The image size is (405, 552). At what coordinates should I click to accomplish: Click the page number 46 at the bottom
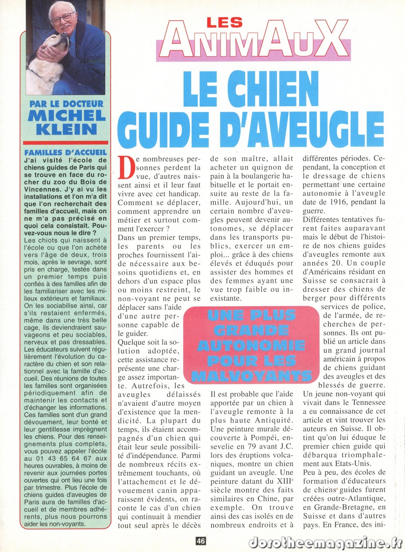[201, 541]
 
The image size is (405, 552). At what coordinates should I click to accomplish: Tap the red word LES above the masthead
[224, 23]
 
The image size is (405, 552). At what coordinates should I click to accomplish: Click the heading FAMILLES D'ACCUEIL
[66, 152]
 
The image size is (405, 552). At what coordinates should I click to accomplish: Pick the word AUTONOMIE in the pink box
[252, 345]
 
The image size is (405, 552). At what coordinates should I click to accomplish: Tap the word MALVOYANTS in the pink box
[252, 375]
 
